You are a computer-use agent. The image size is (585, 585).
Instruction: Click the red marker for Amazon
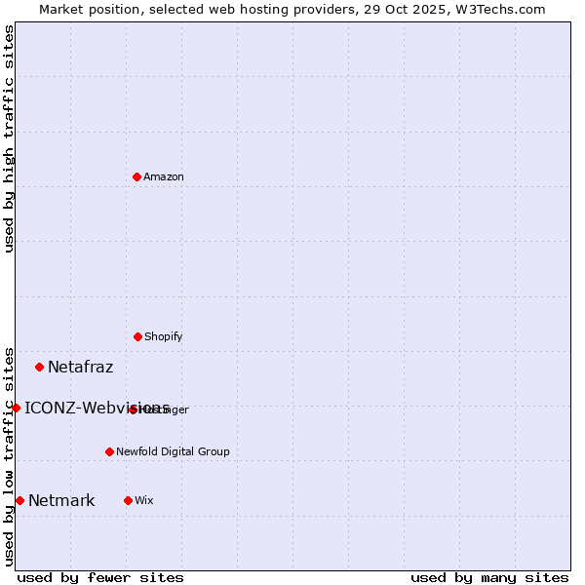[x=136, y=176]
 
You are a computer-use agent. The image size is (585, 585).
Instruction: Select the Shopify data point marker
[x=137, y=336]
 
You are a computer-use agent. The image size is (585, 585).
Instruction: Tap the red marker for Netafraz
[x=39, y=367]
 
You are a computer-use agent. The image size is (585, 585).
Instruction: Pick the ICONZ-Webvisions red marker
[x=16, y=408]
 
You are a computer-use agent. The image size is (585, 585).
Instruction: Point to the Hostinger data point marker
[x=133, y=409]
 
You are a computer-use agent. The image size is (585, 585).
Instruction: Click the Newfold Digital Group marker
[x=109, y=451]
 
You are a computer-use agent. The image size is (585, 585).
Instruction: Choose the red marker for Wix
[x=128, y=500]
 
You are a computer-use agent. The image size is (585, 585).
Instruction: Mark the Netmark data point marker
[x=19, y=500]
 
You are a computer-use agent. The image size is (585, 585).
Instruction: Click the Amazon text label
[x=164, y=176]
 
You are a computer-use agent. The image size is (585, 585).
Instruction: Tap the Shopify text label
[x=164, y=336]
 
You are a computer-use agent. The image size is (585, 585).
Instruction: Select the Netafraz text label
[x=80, y=368]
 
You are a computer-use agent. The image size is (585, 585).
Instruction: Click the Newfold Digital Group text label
[x=173, y=451]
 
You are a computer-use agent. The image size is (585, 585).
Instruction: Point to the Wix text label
[x=143, y=500]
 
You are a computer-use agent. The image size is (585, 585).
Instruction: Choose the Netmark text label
[x=61, y=501]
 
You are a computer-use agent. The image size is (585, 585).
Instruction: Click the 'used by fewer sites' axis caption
[x=100, y=577]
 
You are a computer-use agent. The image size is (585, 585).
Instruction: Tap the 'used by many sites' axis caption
[x=489, y=577]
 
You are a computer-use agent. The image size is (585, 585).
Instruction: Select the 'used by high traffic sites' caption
[x=9, y=138]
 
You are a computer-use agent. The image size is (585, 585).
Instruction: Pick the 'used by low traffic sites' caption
[x=9, y=455]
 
